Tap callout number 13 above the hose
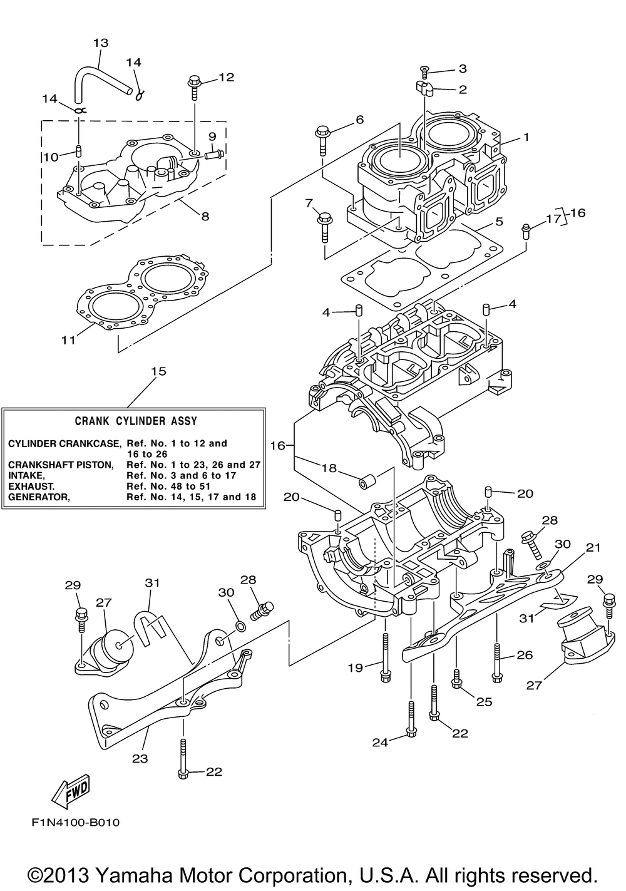pos(101,43)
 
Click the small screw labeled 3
pos(425,72)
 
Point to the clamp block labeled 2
pos(425,89)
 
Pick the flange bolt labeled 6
pos(323,140)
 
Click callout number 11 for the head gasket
pos(68,340)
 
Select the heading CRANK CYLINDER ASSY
pos(136,421)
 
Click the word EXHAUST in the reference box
pos(31,486)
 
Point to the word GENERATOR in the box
pos(39,497)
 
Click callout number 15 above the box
pos(158,371)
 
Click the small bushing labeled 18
pos(367,482)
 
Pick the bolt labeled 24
pos(411,719)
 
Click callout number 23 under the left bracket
pos(140,758)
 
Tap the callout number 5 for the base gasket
pos(499,221)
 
